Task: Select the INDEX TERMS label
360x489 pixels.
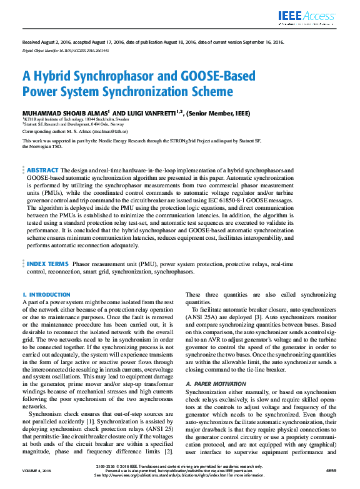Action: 47,264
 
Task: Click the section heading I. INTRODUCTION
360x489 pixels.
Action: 46,294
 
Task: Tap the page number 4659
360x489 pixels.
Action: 331,470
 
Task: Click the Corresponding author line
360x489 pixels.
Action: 75,132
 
